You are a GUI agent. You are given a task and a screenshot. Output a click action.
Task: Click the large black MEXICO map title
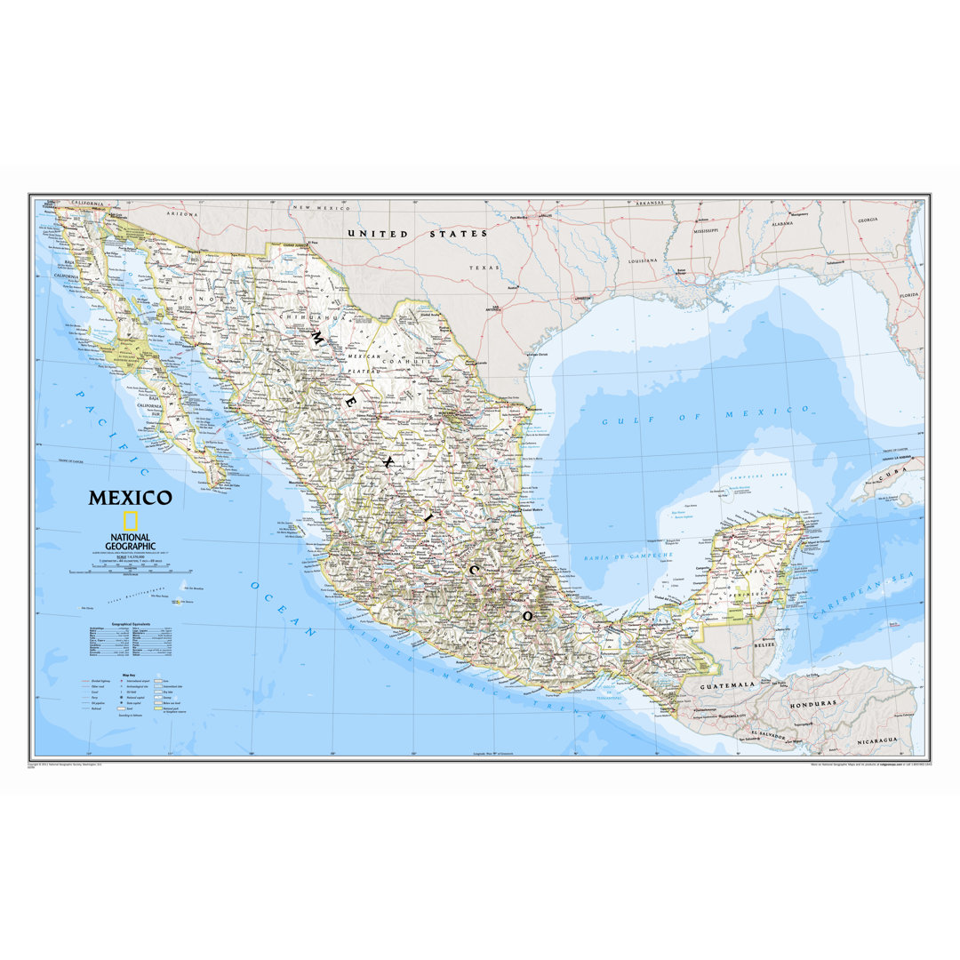(130, 498)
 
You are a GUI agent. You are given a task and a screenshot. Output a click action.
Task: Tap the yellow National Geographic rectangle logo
(131, 523)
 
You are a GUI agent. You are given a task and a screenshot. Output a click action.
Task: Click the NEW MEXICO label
(322, 208)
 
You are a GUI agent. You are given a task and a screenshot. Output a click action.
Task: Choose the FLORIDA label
(908, 294)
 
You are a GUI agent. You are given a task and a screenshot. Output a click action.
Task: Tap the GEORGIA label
(868, 220)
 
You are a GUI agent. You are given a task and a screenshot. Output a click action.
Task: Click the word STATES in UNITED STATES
(459, 234)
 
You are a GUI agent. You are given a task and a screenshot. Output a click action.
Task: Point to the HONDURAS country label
(812, 703)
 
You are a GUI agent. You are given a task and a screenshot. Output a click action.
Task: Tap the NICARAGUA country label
(877, 740)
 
